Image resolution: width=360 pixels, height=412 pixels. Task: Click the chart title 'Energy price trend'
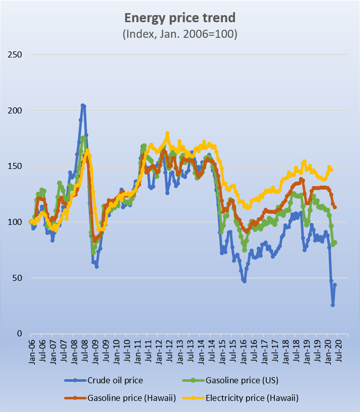point(180,19)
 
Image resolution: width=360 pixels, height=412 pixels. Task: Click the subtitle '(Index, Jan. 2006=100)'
point(180,34)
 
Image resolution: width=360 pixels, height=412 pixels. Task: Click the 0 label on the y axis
point(19,333)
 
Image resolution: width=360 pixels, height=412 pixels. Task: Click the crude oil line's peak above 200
point(83,105)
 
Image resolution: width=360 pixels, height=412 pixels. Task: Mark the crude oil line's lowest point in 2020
point(333,305)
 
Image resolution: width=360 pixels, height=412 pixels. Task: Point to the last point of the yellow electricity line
point(331,170)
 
